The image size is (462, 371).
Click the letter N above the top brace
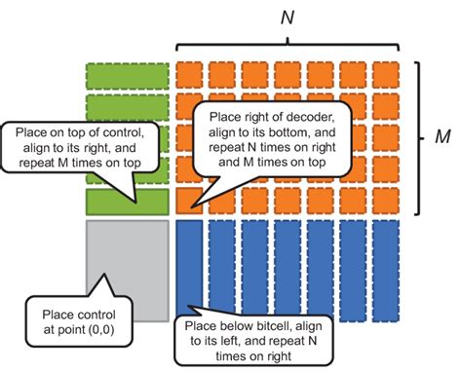coord(286,17)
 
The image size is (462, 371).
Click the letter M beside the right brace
coord(441,135)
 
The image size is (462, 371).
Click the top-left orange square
coord(188,75)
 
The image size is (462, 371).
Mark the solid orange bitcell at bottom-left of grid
coord(188,201)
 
